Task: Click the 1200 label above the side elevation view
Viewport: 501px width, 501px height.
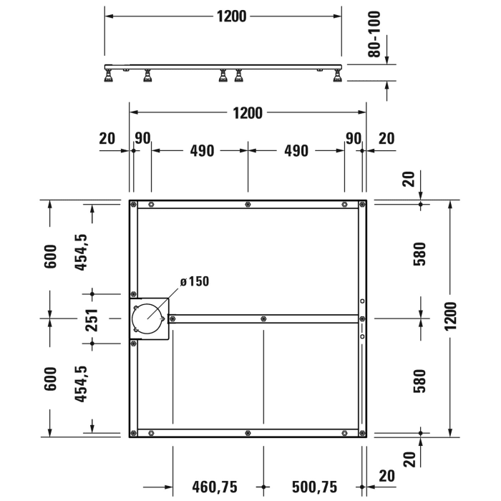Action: [x=231, y=16]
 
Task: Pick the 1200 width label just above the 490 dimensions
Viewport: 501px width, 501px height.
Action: [x=247, y=112]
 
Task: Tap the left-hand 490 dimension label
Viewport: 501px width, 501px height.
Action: [x=201, y=151]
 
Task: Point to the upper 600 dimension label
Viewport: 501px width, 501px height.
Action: [x=50, y=256]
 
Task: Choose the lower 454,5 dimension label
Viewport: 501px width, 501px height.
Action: [x=82, y=383]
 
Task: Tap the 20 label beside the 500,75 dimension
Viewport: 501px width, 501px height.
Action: [x=387, y=476]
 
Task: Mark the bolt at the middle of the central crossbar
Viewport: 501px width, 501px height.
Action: [x=263, y=318]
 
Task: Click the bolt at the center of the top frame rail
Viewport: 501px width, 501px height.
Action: [x=247, y=205]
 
